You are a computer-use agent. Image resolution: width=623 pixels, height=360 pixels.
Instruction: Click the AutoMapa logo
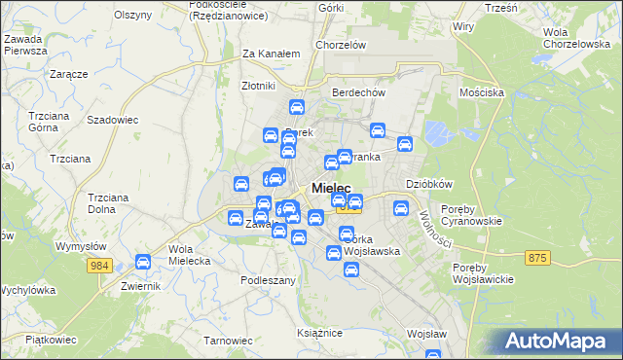(560, 342)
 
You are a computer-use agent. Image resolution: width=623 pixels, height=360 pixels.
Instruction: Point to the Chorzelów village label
(340, 45)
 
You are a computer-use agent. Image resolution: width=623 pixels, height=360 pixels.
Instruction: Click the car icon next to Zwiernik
(143, 262)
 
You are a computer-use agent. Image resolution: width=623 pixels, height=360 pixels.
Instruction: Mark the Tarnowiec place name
(228, 341)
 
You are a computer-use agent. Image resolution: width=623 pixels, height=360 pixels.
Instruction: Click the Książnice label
(320, 333)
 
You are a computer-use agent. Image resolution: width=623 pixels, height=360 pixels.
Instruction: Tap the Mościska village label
(481, 92)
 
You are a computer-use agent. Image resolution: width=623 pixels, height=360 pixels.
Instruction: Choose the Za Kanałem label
(270, 54)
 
